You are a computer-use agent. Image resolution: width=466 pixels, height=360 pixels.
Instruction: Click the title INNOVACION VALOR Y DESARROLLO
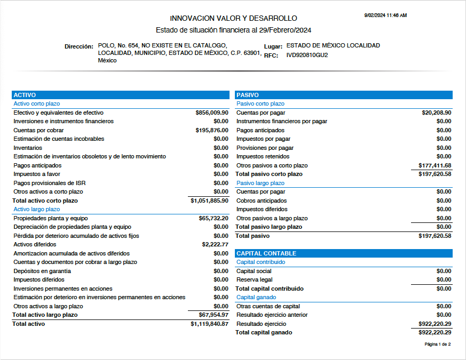pos(233,18)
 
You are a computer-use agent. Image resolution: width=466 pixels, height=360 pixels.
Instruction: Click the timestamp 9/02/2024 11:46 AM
pos(385,15)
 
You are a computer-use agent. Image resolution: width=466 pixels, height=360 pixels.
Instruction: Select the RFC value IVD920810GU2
pos(307,55)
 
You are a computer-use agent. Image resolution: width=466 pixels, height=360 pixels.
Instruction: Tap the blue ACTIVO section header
pos(25,95)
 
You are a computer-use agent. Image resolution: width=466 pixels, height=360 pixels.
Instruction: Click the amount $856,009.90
pos(212,113)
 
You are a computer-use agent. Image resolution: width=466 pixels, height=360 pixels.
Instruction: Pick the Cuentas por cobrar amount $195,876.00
pos(212,130)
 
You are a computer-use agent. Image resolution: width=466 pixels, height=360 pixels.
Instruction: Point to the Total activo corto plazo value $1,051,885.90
pos(209,201)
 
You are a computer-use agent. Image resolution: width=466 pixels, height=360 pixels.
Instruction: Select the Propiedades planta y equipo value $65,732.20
pos(214,218)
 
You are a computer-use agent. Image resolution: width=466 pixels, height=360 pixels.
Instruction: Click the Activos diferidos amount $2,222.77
pos(215,244)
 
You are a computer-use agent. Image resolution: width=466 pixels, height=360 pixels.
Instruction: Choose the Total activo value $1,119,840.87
pos(209,324)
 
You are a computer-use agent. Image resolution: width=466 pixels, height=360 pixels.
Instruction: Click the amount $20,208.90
pos(437,113)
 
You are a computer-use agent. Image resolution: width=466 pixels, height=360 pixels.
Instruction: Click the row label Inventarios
pos(28,148)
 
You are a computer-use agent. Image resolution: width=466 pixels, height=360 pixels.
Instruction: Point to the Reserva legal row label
pos(254,279)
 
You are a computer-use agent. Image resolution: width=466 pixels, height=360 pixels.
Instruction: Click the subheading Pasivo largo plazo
pos(260,183)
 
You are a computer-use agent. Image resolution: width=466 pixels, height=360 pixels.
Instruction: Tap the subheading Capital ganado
pos(256,297)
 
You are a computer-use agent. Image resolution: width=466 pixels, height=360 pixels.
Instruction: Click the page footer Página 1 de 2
pos(437,345)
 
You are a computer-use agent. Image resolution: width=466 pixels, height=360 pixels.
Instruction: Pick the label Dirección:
pos(79,46)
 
